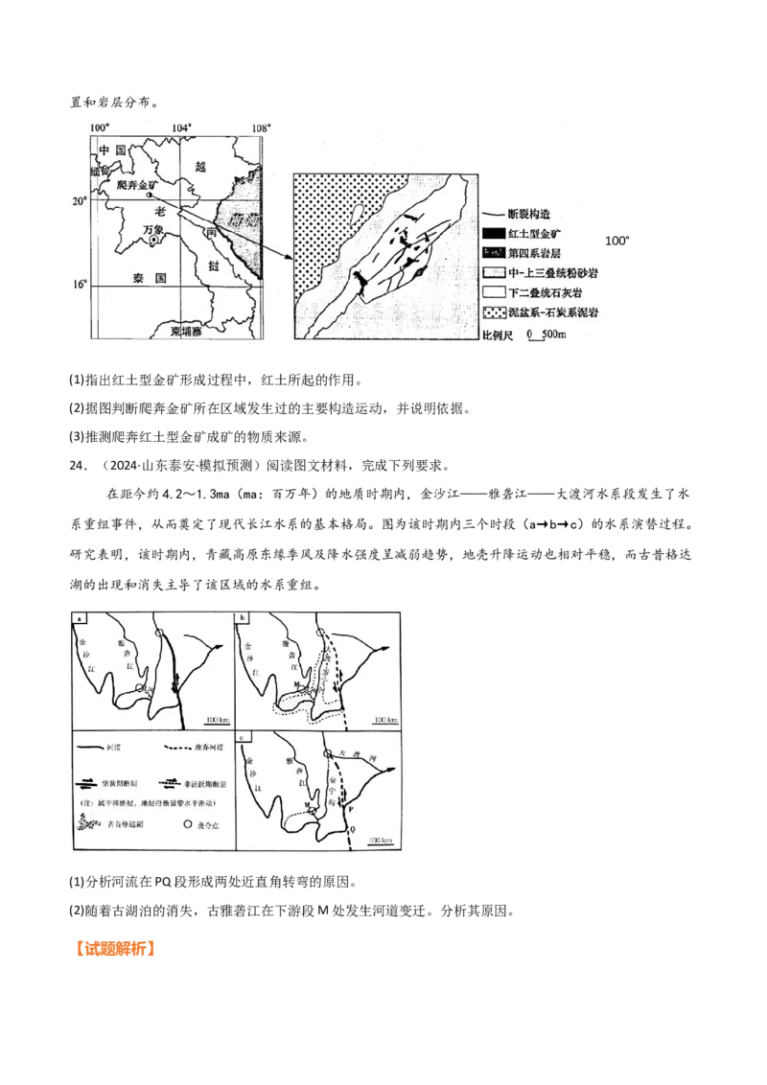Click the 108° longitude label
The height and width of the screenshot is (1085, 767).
[261, 127]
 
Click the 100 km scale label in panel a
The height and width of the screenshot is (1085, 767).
[216, 717]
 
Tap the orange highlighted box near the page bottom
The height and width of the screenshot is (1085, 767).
[118, 948]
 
